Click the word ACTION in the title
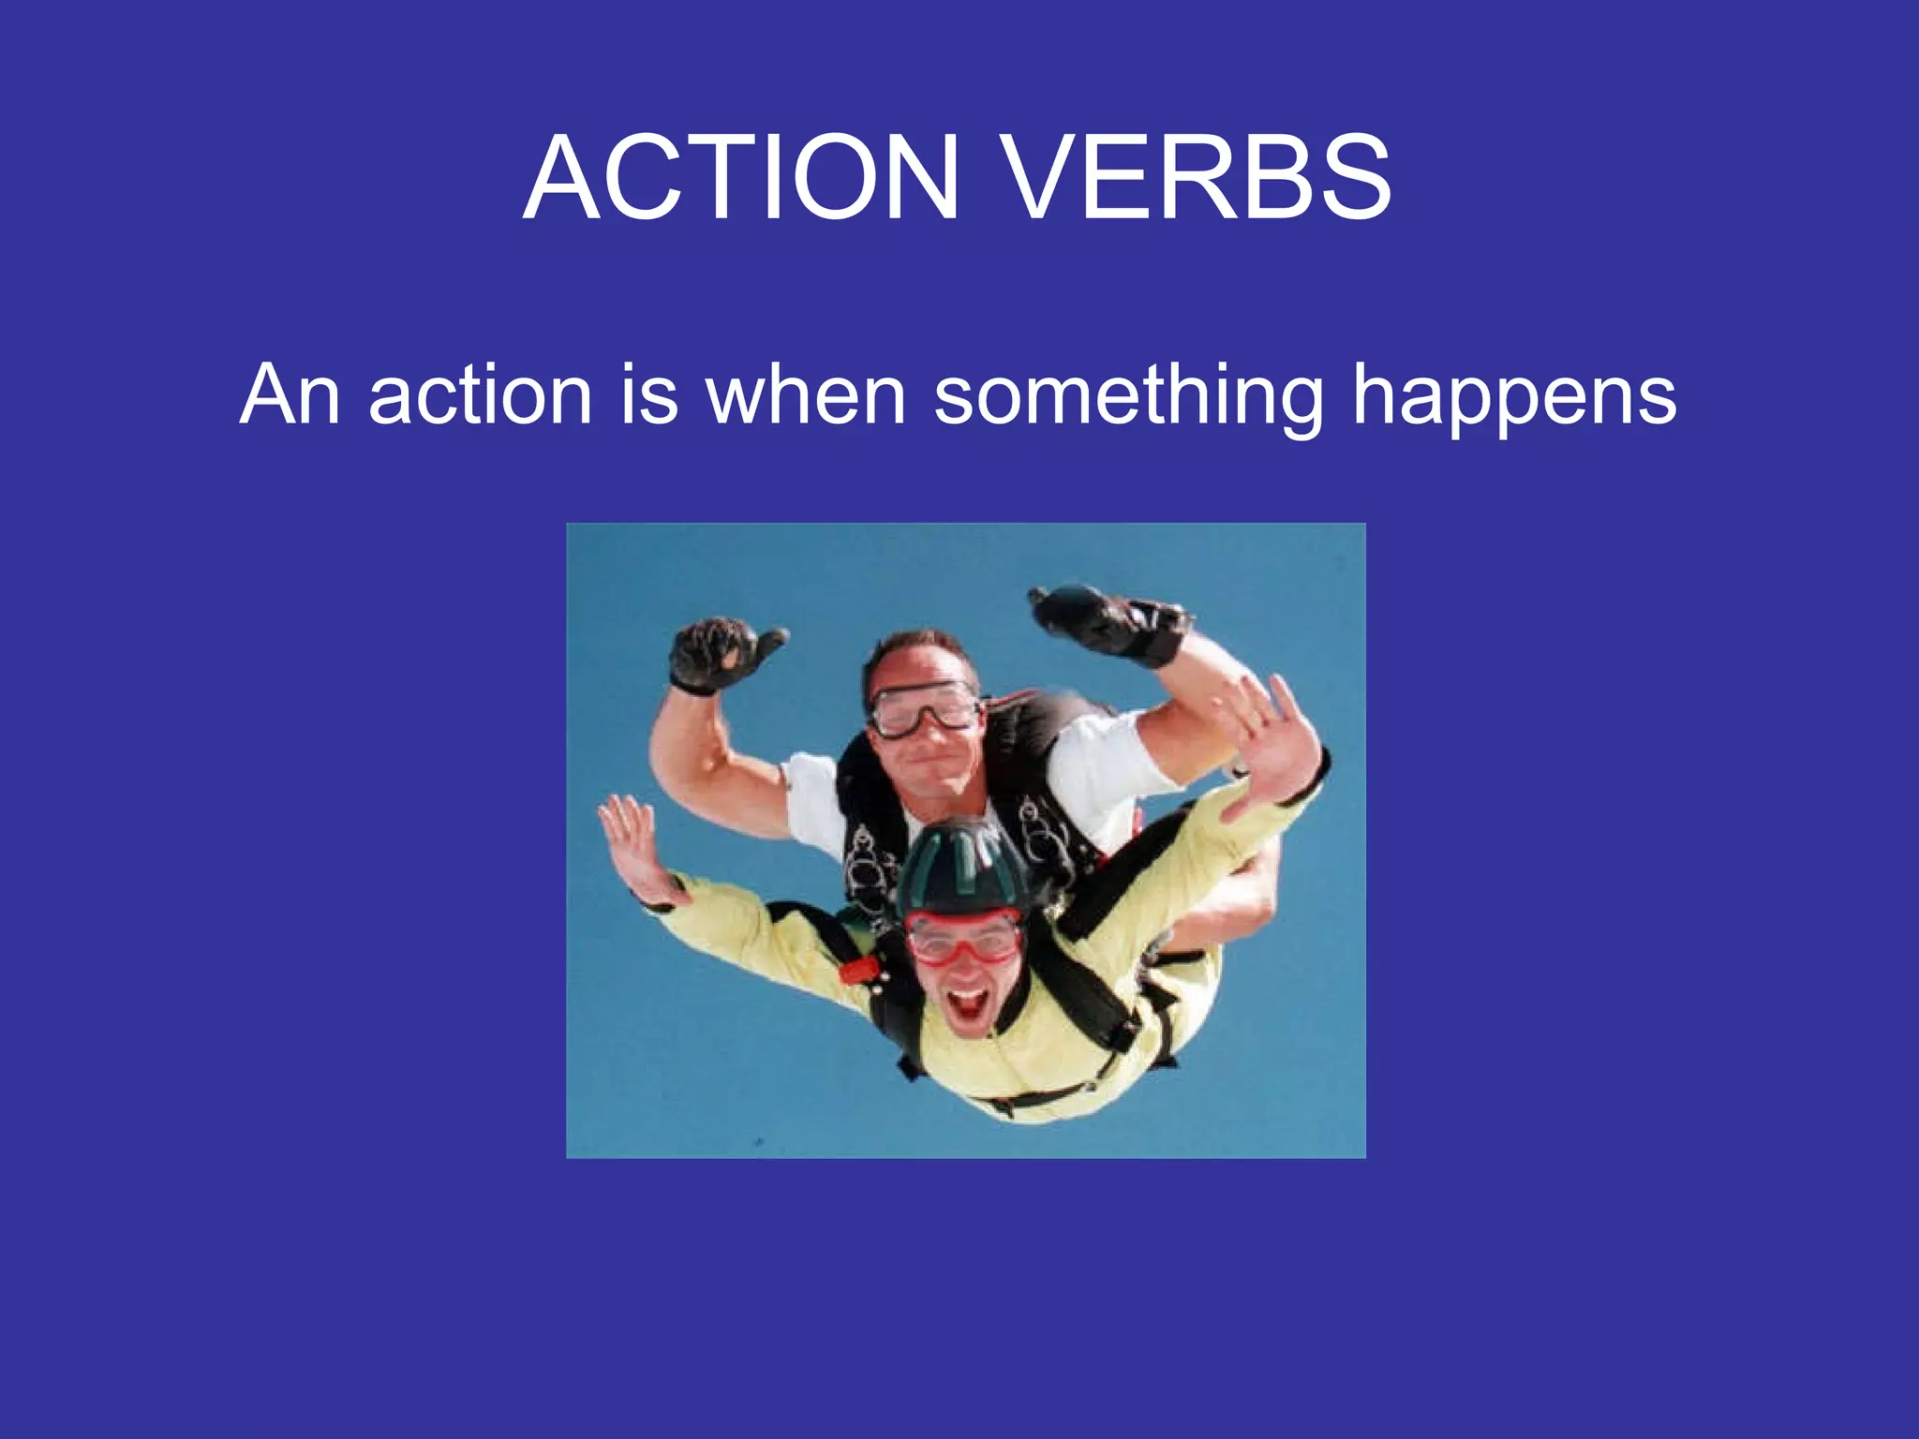coord(741,178)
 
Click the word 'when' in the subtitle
coord(806,395)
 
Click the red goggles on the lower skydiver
coord(963,937)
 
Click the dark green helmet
coord(963,867)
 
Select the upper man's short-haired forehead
coord(914,660)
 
